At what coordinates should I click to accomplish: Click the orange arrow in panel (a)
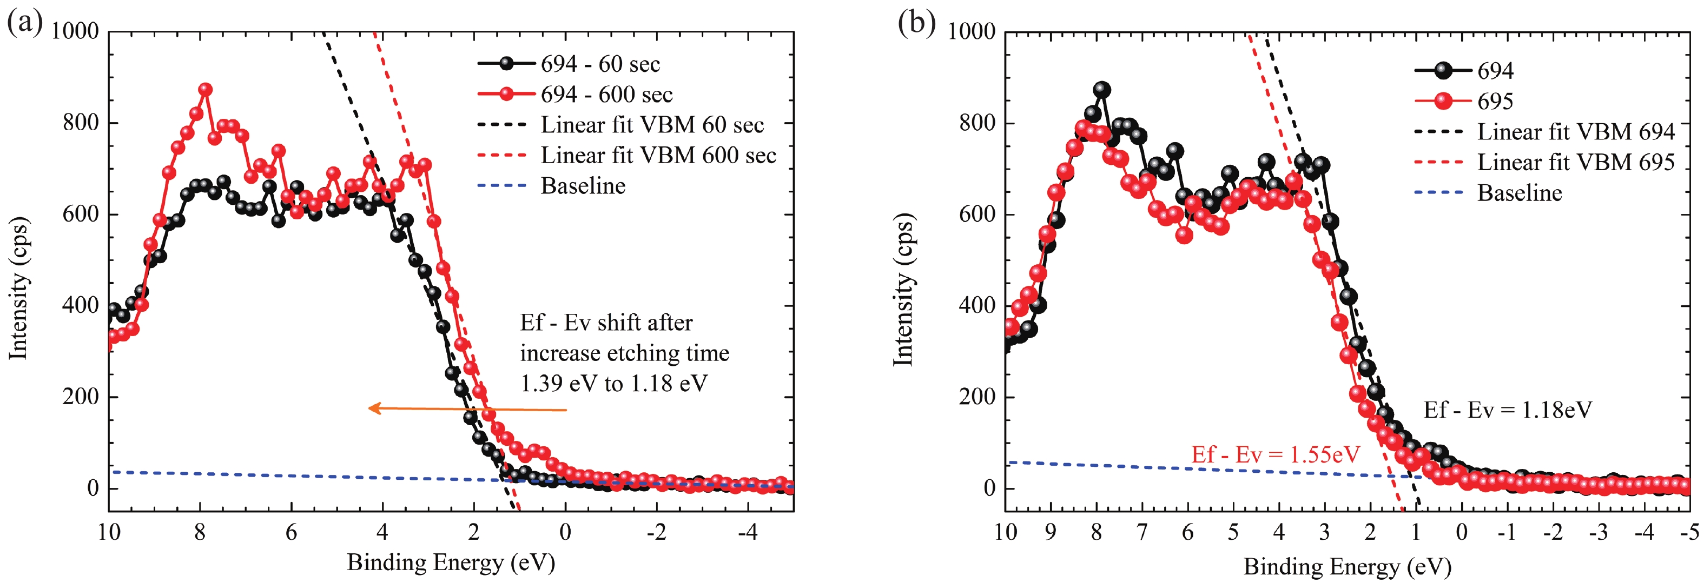467,409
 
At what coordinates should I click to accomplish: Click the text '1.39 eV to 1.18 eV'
614,384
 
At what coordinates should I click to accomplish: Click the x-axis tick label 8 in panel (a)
200,532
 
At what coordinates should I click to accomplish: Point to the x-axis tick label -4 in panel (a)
748,532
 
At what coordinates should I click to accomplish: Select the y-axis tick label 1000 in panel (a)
75,31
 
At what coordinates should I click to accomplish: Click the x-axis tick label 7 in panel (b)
1142,532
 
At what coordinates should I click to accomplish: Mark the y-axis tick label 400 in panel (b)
976,305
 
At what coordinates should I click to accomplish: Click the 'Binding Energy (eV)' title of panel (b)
1347,566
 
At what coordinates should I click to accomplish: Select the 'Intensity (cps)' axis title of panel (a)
18,288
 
